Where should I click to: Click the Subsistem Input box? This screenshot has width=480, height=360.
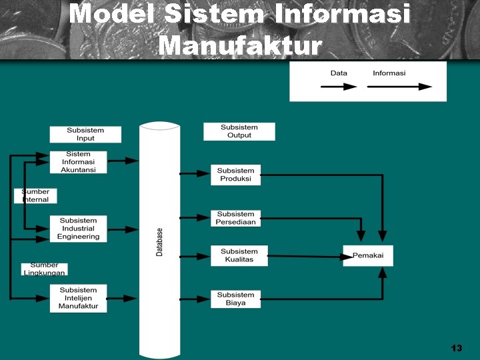[x=85, y=134]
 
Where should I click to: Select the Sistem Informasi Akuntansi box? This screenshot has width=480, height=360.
[x=78, y=162]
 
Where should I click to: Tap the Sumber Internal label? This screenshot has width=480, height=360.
[x=35, y=195]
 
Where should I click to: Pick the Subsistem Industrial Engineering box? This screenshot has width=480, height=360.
[x=78, y=229]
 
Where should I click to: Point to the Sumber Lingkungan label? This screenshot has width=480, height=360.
[x=44, y=269]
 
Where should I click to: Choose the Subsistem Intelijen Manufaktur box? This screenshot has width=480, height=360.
[x=78, y=298]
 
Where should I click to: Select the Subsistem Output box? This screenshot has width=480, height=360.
[x=239, y=131]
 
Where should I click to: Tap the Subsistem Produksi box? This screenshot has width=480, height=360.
[x=235, y=175]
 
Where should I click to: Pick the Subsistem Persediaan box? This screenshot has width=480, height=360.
[x=235, y=218]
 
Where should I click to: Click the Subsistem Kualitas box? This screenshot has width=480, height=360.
[x=239, y=255]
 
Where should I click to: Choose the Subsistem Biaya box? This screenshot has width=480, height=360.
[x=235, y=299]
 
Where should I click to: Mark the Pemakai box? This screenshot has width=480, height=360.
[x=367, y=255]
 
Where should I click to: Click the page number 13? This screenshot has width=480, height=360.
[x=456, y=348]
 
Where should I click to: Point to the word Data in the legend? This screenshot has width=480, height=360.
[x=339, y=73]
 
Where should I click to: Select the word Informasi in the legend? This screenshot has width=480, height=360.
[x=389, y=73]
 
